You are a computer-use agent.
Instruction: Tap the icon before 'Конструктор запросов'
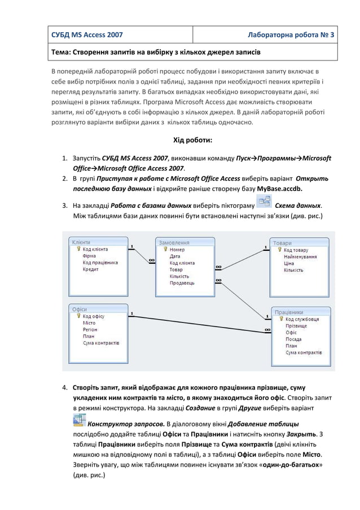(x=79, y=421)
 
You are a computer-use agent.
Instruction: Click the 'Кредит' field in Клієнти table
(x=91, y=269)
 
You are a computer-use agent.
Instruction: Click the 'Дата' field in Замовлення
(x=175, y=256)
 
